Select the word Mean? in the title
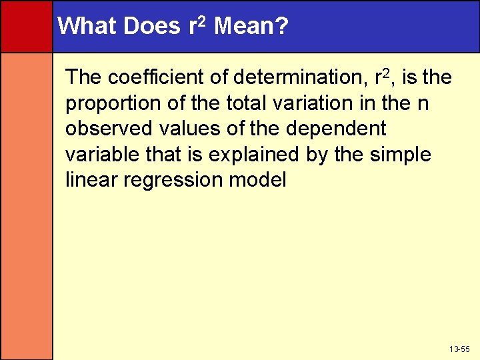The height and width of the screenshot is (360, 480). [x=252, y=26]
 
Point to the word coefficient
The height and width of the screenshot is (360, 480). [x=155, y=78]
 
